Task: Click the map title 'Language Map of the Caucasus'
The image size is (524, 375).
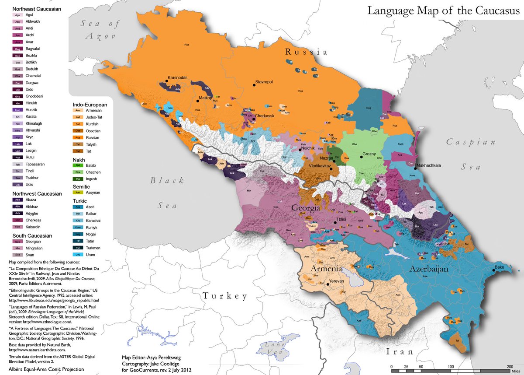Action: (443, 11)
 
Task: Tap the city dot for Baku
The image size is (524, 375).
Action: (494, 270)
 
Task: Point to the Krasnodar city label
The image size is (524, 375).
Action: (177, 77)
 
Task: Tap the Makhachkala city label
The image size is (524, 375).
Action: (432, 166)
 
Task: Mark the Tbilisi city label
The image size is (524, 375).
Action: (341, 220)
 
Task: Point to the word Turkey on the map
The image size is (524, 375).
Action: (224, 296)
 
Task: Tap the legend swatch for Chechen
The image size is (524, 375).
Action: (78, 173)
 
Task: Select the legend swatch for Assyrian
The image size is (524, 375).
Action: (78, 192)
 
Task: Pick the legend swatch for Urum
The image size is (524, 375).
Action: (78, 254)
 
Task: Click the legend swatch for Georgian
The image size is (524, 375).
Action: (18, 242)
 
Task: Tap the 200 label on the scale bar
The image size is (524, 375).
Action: (509, 366)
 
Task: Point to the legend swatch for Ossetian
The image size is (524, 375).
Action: (78, 130)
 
